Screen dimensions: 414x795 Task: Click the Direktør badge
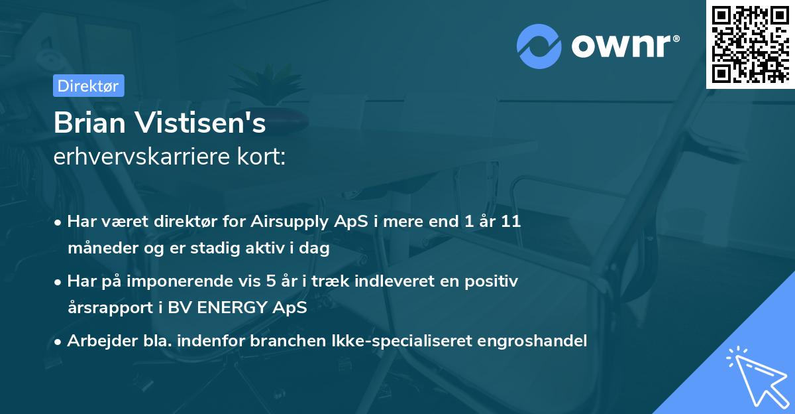click(88, 86)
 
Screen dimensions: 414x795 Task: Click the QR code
click(751, 44)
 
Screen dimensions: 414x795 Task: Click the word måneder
click(99, 249)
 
